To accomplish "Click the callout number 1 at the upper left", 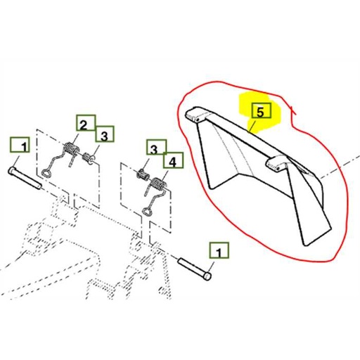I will [x=20, y=146].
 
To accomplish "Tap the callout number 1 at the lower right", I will [x=217, y=251].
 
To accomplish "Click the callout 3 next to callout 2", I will [x=104, y=134].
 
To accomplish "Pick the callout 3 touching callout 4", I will [x=154, y=148].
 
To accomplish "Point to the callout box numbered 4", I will [x=172, y=161].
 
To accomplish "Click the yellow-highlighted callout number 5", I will [x=259, y=112].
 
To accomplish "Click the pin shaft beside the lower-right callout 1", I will [x=193, y=268].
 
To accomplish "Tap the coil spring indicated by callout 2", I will [x=71, y=150].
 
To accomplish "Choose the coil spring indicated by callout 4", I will [x=157, y=186].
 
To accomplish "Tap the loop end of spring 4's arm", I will [x=150, y=210].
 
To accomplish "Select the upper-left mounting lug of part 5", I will [x=194, y=115].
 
